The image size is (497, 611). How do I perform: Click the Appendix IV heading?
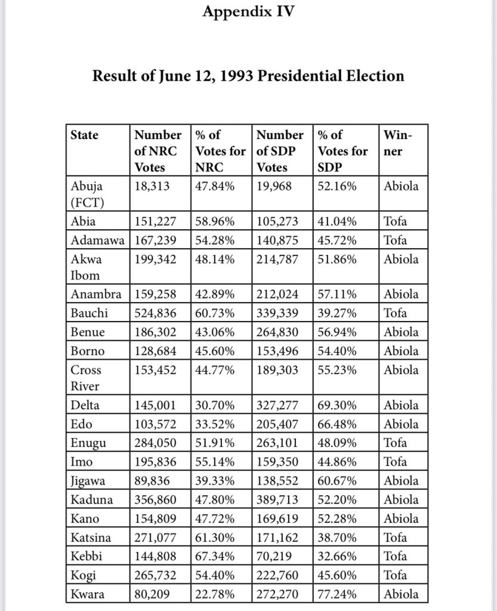pos(248,11)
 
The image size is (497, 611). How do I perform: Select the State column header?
pos(85,135)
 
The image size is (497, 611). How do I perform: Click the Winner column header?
pos(398,143)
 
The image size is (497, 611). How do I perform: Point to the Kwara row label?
pos(86,594)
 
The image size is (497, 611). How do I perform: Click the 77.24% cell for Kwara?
pos(337,594)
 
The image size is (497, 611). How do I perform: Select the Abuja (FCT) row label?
pos(87,194)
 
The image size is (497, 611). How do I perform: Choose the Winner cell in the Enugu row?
pos(395,443)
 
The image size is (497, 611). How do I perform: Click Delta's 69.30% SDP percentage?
pos(337,405)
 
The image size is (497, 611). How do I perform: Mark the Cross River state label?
pos(86,378)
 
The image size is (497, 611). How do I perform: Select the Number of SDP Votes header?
pos(279,151)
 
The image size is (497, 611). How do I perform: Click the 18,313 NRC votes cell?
pos(153,186)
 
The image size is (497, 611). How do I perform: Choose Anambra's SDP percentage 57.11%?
pos(337,294)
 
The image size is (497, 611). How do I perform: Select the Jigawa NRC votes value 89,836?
pos(153,480)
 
